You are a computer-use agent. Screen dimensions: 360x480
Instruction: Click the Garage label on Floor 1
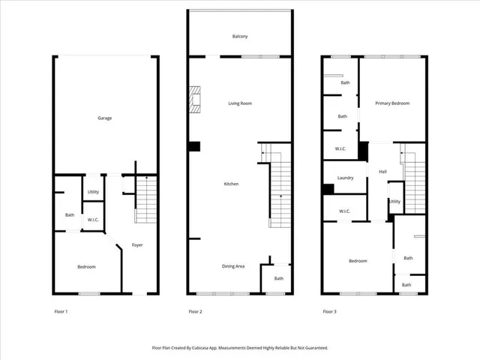coord(104,118)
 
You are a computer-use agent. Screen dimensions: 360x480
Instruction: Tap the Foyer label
coord(137,245)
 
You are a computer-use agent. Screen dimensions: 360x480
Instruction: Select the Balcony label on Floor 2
coord(240,36)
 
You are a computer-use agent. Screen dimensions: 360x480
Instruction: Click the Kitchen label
coord(231,184)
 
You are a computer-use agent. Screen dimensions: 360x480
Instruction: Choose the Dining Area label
coord(232,266)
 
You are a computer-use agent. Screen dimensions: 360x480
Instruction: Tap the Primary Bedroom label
coord(392,103)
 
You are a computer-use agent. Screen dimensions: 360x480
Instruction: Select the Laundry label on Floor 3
coord(345,178)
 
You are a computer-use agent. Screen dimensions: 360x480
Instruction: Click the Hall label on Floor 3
coord(382,172)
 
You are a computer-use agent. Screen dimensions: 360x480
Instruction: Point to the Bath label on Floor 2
coord(278,279)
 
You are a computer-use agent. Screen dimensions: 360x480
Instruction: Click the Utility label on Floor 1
coord(93,192)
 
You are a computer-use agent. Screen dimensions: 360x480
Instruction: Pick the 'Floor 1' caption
coord(61,311)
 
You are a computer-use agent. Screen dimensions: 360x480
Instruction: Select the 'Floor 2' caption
coord(195,311)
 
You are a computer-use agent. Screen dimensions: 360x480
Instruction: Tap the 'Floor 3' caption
coord(329,311)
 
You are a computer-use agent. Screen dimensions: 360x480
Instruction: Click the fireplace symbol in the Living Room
coord(196,100)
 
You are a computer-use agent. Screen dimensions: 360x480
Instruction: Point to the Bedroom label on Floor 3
coord(358,261)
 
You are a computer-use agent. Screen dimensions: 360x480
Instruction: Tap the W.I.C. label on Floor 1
coord(93,220)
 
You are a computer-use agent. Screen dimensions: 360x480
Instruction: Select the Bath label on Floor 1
coord(69,215)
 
